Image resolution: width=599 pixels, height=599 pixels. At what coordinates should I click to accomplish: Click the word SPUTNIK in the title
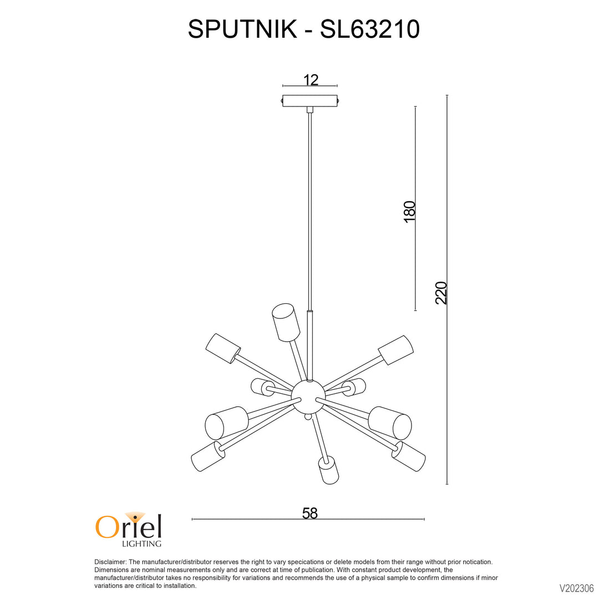click(242, 29)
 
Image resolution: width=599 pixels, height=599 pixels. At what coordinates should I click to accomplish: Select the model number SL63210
click(370, 29)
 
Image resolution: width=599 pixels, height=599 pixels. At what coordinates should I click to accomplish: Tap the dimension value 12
click(311, 80)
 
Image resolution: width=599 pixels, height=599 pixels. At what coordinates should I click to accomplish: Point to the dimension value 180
click(409, 211)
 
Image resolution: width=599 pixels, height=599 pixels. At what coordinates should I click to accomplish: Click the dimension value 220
click(441, 293)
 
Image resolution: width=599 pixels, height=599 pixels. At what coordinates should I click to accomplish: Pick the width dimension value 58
click(310, 513)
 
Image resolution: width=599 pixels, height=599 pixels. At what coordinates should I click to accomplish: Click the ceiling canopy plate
click(310, 101)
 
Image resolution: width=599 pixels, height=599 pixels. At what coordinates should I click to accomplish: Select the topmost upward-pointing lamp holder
click(286, 322)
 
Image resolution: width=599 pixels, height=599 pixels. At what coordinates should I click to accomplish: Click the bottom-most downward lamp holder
click(328, 470)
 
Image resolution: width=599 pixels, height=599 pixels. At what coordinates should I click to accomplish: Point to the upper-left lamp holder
click(223, 349)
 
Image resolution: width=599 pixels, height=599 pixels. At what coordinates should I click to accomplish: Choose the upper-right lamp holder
click(396, 350)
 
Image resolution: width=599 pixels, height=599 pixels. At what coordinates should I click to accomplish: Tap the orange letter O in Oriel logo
click(106, 527)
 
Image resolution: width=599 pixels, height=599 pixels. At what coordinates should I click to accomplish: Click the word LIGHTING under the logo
click(141, 543)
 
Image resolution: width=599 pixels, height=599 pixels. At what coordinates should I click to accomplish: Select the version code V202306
click(576, 588)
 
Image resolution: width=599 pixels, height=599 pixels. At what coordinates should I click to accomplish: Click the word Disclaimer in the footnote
click(110, 562)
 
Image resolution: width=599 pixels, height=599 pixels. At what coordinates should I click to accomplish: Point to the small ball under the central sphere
click(308, 417)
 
